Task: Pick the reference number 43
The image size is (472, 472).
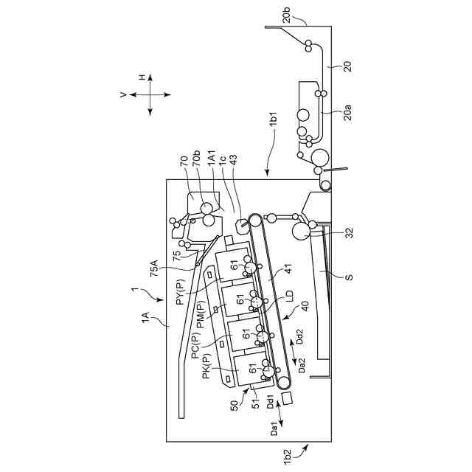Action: [233, 162]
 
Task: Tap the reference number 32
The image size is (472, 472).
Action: [349, 233]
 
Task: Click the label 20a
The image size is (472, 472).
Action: [347, 111]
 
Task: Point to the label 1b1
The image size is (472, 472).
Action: [273, 120]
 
